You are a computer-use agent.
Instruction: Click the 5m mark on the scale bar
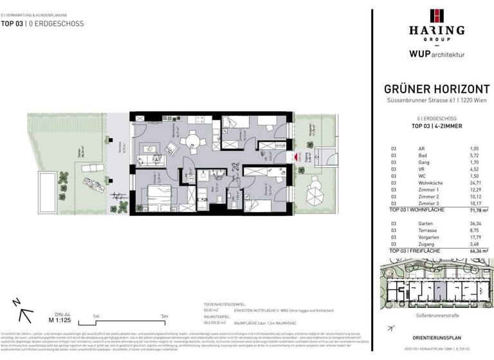tap(165, 316)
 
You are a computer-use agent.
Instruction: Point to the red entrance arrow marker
tap(298, 156)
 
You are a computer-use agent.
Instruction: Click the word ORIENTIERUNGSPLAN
tap(437, 337)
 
